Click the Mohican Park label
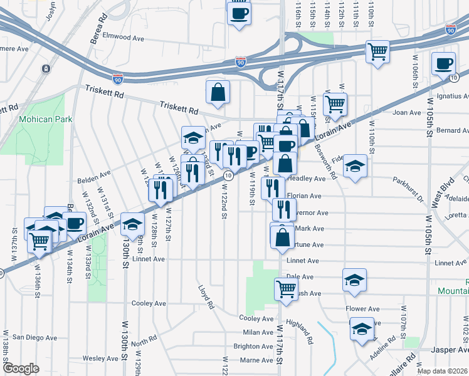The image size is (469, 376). (x=45, y=119)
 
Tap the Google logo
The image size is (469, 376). (x=21, y=368)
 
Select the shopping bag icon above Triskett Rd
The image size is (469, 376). (x=217, y=93)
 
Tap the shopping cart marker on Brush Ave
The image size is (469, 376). (x=286, y=290)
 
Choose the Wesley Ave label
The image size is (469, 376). (x=101, y=358)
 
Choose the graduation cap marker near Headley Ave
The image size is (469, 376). (x=355, y=167)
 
